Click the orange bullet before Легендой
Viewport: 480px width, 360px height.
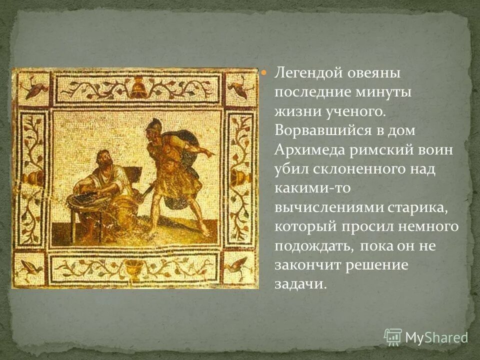(265, 72)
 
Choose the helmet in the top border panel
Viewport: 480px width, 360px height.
(136, 88)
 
